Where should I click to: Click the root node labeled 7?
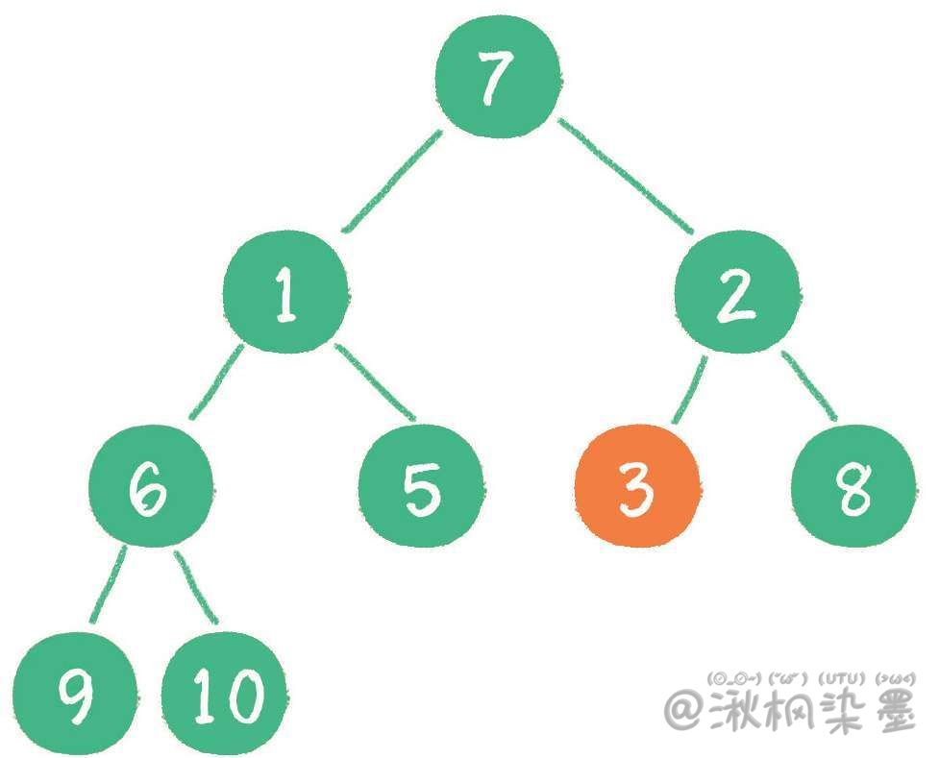(495, 77)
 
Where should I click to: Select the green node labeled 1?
(284, 293)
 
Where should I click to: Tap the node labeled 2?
(736, 293)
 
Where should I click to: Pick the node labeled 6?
(150, 486)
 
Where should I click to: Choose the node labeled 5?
(419, 486)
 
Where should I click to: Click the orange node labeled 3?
(635, 486)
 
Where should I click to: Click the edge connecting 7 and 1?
(392, 183)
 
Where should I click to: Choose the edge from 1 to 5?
(376, 382)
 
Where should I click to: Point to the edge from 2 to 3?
(689, 390)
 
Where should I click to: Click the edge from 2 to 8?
(809, 386)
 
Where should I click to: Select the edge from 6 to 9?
(110, 585)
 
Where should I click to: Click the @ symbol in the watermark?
(685, 712)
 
